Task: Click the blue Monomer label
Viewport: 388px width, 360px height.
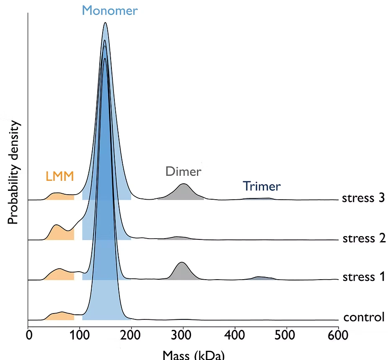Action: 109,10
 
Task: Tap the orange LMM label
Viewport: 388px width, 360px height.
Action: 59,176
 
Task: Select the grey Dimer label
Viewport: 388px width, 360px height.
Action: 183,171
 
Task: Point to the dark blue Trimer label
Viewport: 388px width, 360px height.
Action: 261,186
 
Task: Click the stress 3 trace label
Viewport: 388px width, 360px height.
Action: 363,198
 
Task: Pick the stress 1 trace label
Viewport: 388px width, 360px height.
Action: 363,277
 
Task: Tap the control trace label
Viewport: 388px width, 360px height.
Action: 364,317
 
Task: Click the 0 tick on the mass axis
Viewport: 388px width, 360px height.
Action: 29,335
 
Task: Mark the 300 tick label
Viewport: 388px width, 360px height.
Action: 183,335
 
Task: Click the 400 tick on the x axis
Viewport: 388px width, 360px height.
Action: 235,335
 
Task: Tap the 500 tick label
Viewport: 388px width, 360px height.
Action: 287,335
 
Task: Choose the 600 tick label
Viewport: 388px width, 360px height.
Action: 338,335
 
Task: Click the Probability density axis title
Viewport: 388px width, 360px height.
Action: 13,172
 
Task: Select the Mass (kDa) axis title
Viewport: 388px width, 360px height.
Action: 194,355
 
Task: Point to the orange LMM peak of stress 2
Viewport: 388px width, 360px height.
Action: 57,232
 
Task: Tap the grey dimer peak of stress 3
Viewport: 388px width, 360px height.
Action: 184,192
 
